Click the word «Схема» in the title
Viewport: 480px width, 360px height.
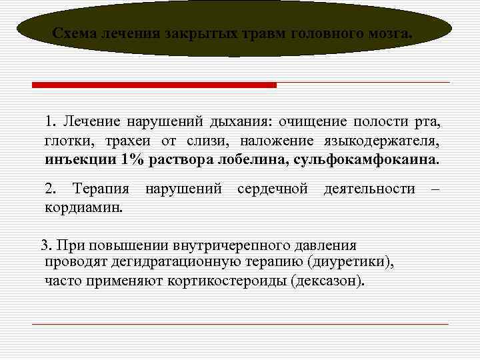(75, 33)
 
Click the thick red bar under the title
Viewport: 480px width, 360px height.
(154, 85)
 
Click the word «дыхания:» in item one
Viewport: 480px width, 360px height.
(223, 122)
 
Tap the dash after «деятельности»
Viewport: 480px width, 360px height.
(435, 189)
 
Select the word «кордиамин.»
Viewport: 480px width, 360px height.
(83, 207)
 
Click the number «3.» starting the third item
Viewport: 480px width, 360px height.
(46, 246)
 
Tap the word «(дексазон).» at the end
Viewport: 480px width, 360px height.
(329, 280)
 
